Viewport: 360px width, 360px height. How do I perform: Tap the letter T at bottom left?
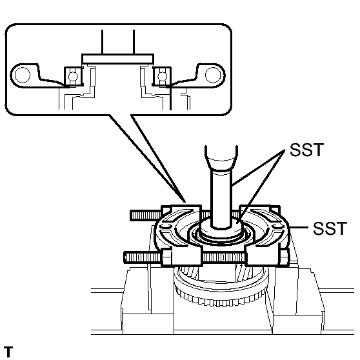coord(7,352)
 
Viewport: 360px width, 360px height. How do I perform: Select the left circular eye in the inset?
coord(22,75)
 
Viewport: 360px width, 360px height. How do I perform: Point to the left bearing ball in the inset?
coord(72,77)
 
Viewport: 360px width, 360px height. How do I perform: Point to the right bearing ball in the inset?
coord(158,77)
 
